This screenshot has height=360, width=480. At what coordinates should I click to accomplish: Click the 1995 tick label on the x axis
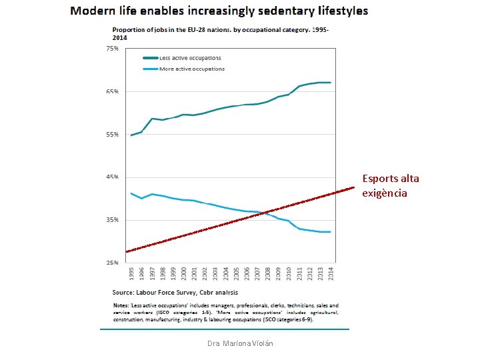tap(131, 273)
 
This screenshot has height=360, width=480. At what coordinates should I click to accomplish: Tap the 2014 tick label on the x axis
tap(330, 273)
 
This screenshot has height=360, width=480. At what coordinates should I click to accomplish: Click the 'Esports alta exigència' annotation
tap(391, 185)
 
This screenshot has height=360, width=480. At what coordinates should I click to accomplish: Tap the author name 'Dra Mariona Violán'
tap(240, 343)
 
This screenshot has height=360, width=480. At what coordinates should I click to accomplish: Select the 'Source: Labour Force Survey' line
tap(175, 292)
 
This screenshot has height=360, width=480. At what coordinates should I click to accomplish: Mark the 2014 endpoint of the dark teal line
tap(330, 83)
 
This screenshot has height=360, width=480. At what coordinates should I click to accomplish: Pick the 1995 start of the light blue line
tap(131, 193)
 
